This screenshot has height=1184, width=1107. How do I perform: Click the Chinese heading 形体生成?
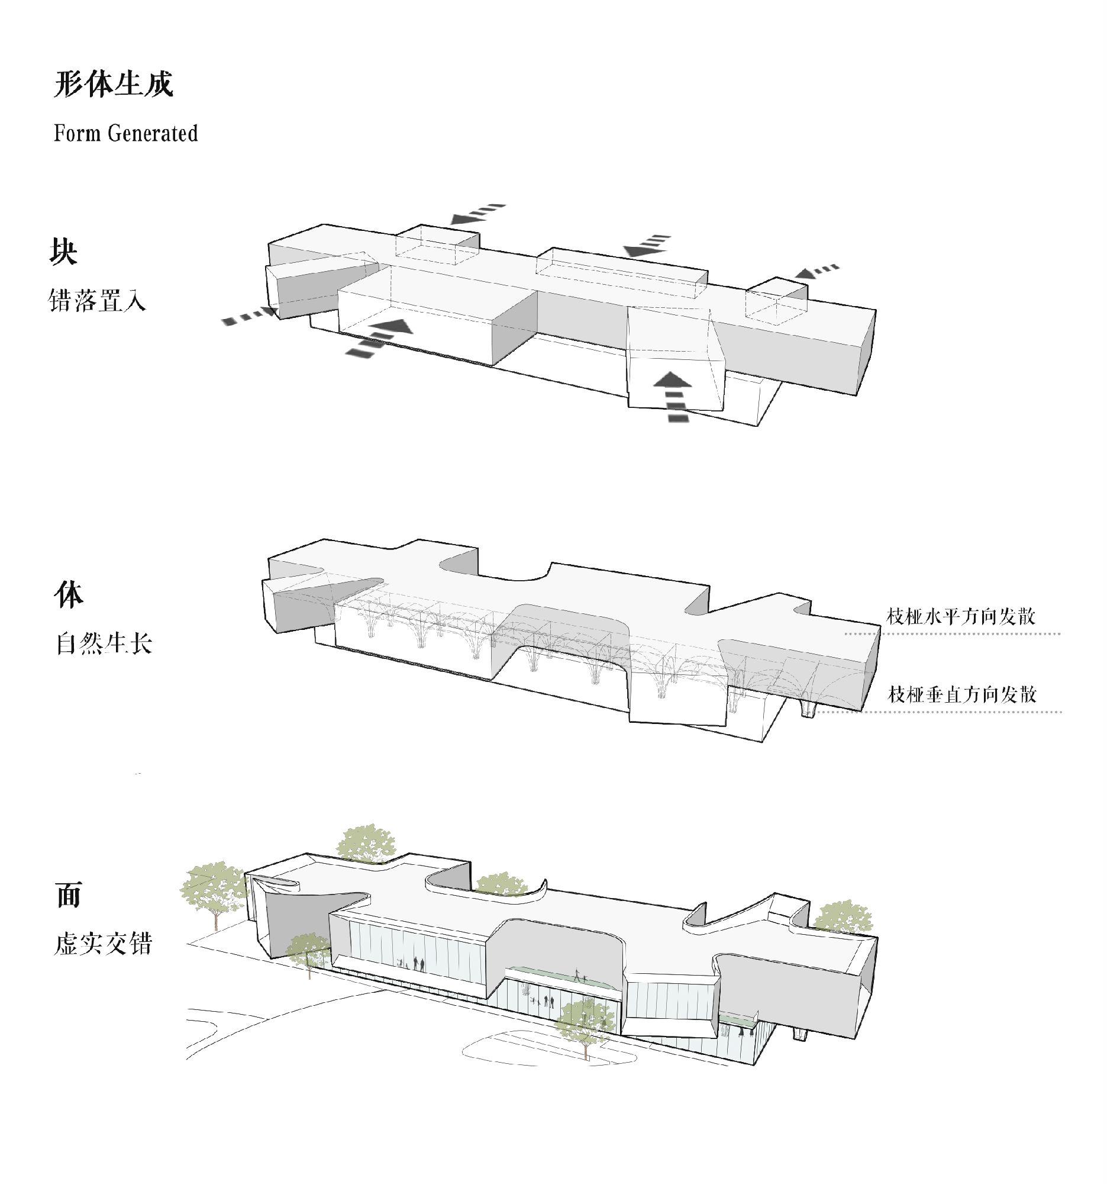(113, 84)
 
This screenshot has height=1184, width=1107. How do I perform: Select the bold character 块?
(63, 252)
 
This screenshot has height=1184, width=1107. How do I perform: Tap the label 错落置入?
(97, 300)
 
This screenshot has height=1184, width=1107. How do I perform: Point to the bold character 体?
(69, 595)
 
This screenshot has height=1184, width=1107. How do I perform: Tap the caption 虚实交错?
(104, 944)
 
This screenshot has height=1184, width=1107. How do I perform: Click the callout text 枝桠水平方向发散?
(961, 615)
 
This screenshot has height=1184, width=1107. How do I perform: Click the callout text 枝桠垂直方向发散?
(963, 694)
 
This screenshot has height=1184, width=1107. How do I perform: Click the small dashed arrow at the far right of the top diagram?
(818, 272)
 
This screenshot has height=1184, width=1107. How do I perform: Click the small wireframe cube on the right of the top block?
(777, 301)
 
